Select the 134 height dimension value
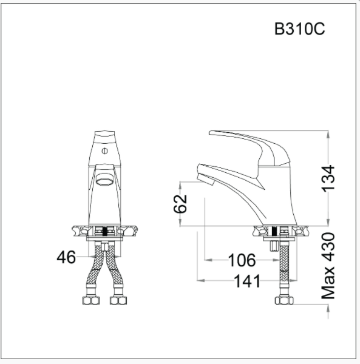coord(328,178)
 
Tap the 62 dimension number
coord(180,204)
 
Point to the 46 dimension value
coord(66,257)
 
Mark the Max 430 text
coord(328,265)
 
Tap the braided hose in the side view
coord(282,270)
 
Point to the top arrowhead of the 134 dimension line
coord(328,134)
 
